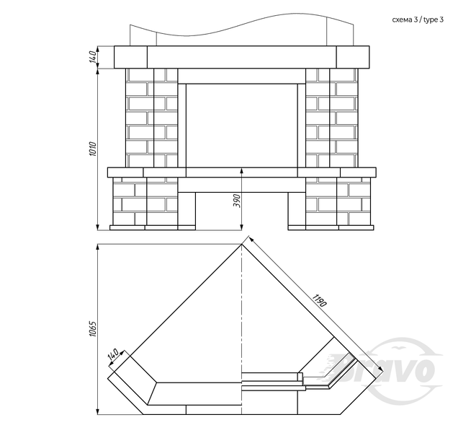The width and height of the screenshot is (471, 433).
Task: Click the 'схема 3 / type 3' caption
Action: click(418, 20)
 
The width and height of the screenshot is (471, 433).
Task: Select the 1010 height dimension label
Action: click(93, 149)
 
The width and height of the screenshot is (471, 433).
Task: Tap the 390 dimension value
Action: click(237, 201)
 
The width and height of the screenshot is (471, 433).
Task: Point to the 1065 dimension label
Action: click(93, 329)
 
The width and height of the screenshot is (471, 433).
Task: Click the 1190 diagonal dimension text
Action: click(319, 301)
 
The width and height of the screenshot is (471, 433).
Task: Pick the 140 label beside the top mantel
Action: click(93, 57)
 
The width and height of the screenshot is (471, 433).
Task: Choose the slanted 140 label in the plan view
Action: click(113, 355)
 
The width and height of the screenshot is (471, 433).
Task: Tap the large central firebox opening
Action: click(242, 126)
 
